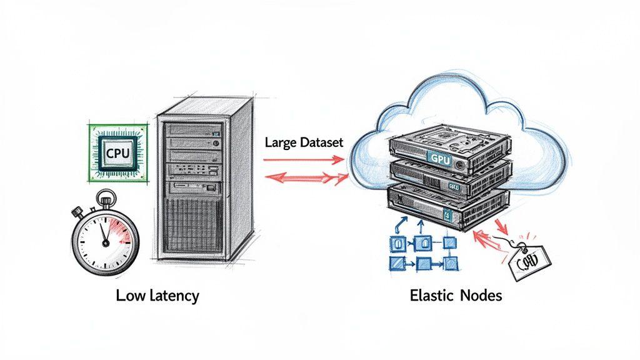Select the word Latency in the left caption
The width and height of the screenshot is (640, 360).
174,296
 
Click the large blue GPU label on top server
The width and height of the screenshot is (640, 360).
440,158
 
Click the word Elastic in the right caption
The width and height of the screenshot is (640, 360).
431,296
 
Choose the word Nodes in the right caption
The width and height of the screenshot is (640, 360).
481,296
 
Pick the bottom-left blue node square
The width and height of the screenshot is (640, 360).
396,262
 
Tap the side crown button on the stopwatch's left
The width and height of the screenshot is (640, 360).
80,211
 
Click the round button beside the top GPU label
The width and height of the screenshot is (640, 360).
460,164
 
